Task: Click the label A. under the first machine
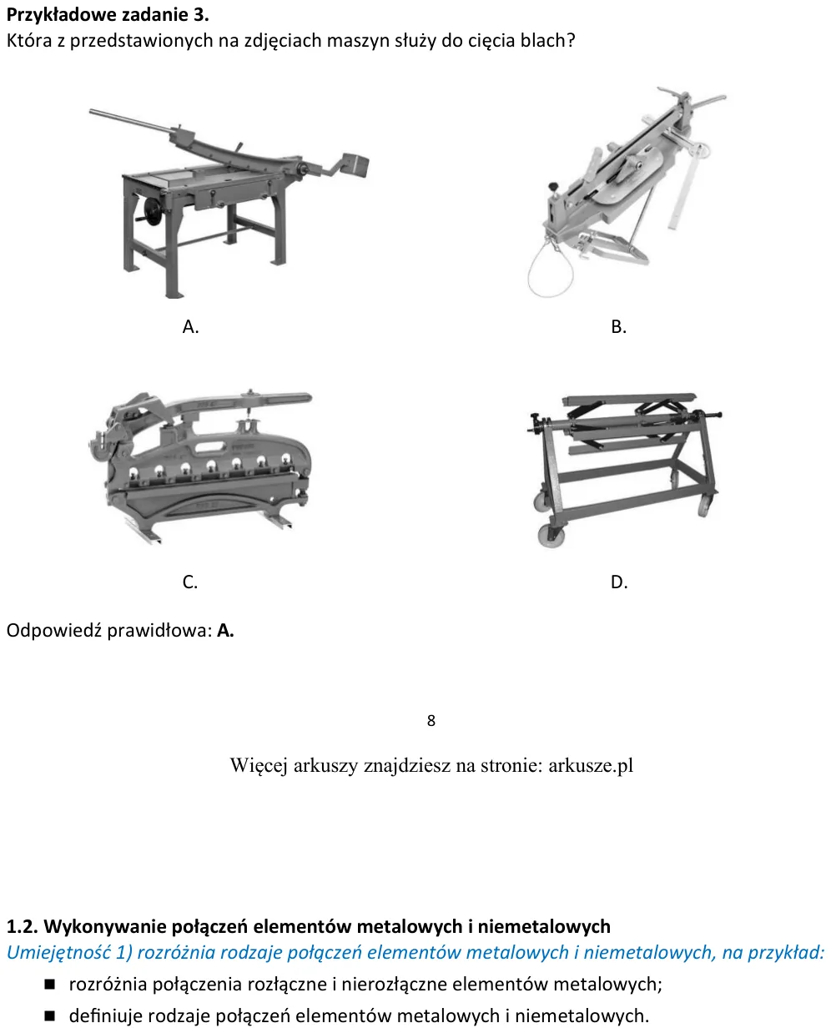190,327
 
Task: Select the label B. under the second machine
618,327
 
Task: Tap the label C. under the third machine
190,582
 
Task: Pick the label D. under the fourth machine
619,582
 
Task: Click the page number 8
431,720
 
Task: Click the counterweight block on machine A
355,166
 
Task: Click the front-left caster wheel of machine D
551,535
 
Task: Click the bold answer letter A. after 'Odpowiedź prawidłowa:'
225,630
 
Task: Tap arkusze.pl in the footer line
591,764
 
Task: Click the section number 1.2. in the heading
22,926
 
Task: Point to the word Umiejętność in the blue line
59,953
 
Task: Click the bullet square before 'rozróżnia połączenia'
49,985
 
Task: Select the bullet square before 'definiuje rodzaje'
49,1016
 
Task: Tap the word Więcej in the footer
259,765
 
